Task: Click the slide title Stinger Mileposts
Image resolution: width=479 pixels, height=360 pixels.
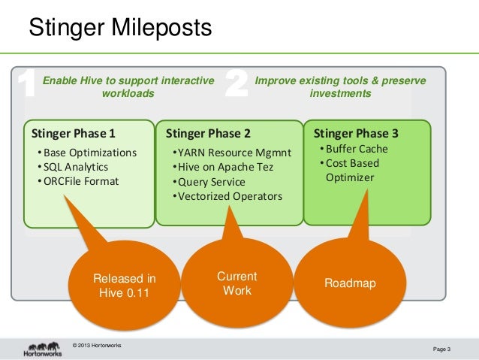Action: tap(120, 29)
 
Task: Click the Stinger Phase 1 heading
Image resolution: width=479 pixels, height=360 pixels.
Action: tap(74, 135)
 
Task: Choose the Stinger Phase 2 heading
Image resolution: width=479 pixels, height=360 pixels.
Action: tap(208, 135)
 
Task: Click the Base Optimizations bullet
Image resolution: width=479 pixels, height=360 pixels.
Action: tap(87, 153)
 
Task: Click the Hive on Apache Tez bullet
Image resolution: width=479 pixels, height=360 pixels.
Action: tap(222, 167)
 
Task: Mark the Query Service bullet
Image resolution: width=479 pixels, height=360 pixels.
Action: tap(208, 182)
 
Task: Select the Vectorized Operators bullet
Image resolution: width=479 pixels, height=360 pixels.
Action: tap(227, 196)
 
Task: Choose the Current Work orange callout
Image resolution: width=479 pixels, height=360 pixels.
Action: tap(236, 283)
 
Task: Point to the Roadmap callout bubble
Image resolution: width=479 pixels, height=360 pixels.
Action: tap(350, 283)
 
